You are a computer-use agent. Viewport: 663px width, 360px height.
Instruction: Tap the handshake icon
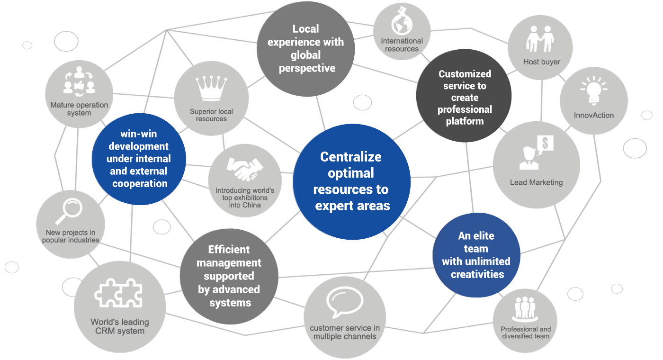tap(244, 169)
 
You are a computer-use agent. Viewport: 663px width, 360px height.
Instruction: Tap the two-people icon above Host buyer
tap(541, 39)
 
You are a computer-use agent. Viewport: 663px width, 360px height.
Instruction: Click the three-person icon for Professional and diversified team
tap(525, 309)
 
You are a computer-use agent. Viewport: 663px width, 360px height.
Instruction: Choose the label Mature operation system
tap(79, 109)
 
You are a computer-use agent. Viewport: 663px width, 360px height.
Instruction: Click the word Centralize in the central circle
tap(351, 157)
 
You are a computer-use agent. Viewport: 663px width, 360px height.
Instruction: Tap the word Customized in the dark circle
tap(465, 74)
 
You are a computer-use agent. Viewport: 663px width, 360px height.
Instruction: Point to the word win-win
tap(138, 134)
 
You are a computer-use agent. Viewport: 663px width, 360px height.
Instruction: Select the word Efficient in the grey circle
tap(229, 250)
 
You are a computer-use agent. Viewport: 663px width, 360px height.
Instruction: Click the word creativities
tap(477, 274)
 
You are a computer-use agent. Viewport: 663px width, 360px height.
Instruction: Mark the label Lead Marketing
tap(536, 182)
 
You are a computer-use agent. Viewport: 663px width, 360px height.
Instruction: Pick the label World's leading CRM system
tap(120, 326)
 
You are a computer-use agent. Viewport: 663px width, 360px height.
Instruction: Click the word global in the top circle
tap(306, 55)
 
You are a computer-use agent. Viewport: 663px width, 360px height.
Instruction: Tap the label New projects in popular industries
tap(71, 236)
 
